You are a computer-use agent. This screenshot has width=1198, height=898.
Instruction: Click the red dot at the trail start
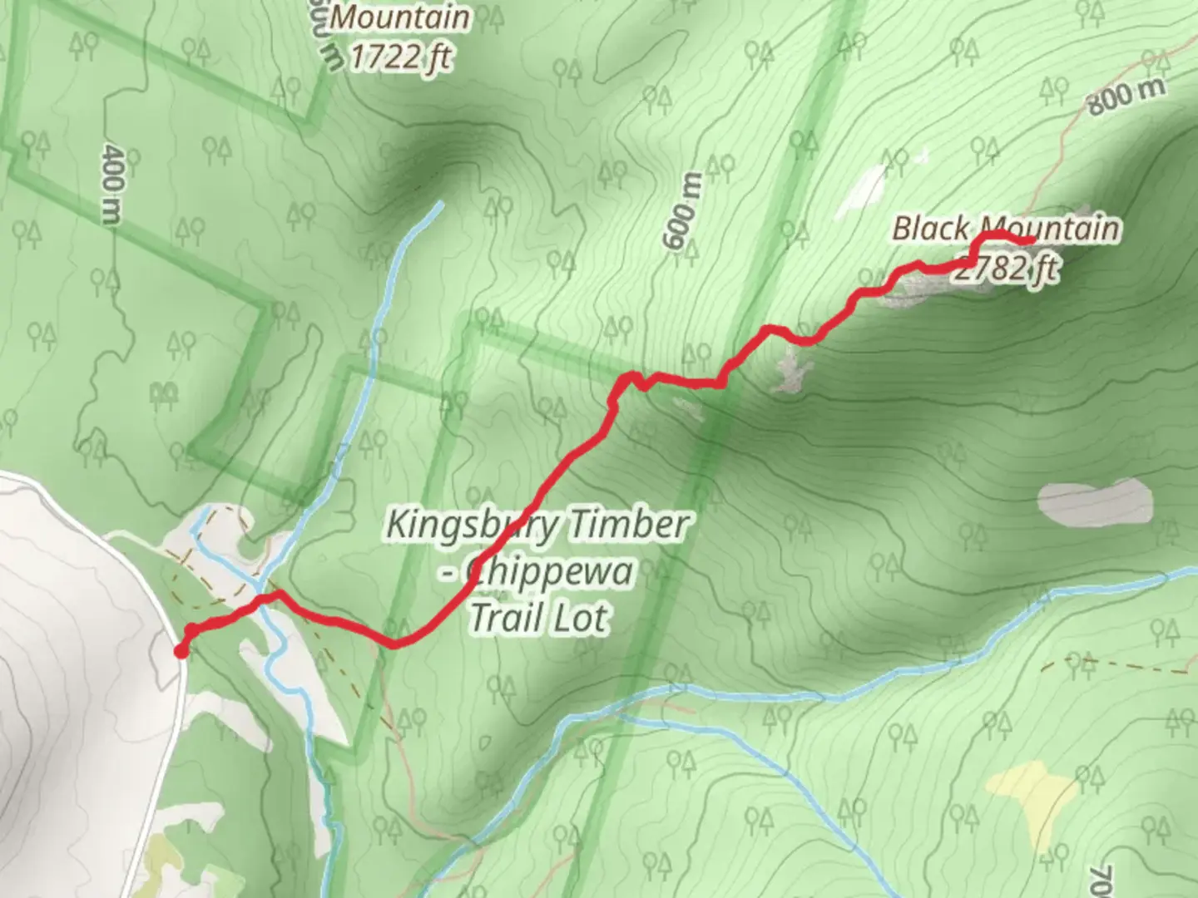(x=181, y=651)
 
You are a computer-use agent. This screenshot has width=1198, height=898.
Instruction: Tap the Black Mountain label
(x=1006, y=229)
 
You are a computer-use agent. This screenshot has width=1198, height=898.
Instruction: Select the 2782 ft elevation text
(x=1007, y=268)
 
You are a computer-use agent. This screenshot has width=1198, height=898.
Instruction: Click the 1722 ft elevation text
(x=401, y=57)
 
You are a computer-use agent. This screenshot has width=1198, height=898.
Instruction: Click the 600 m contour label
(x=681, y=211)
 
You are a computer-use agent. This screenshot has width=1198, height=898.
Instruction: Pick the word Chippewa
(x=549, y=572)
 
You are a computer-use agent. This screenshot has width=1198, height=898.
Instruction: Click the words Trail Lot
(x=539, y=618)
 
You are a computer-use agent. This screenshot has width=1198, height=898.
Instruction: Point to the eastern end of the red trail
(x=1032, y=240)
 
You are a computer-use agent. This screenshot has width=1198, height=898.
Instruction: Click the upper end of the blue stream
(x=438, y=205)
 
